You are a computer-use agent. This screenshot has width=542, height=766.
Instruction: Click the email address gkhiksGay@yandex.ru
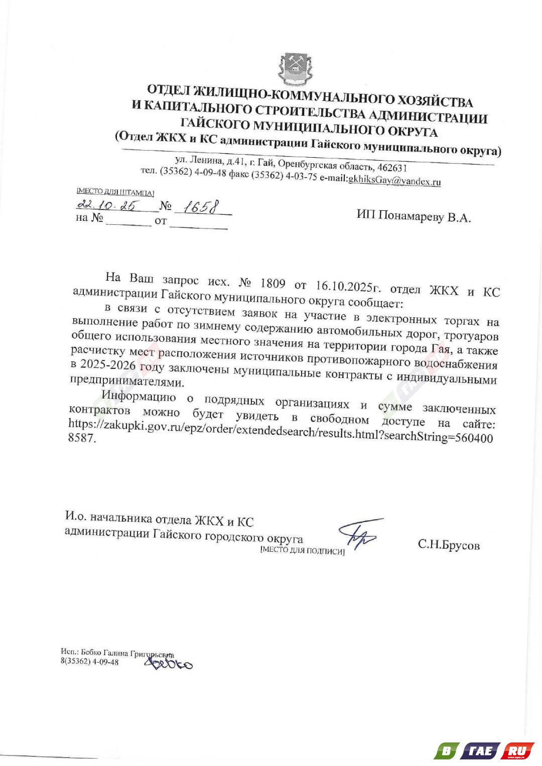tap(394, 180)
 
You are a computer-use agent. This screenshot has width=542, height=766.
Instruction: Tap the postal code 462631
tap(392, 168)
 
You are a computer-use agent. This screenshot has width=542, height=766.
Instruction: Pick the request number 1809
tap(273, 284)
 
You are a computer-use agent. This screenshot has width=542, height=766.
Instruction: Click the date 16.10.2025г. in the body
tap(348, 287)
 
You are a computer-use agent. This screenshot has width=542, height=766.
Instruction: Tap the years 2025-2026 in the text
tap(107, 364)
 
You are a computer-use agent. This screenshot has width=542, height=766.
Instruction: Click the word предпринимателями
tap(127, 381)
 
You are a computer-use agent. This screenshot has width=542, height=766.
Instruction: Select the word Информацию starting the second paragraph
tap(139, 396)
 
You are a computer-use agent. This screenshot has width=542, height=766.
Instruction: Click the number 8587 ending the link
tap(81, 438)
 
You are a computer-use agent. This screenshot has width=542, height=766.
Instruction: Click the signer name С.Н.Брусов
tap(448, 545)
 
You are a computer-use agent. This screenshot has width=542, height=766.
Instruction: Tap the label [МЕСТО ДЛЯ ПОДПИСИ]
tap(302, 551)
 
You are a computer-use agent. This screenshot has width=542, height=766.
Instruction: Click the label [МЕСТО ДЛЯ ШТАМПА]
tap(115, 192)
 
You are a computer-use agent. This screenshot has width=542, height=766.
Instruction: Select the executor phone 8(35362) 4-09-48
tap(90, 662)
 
